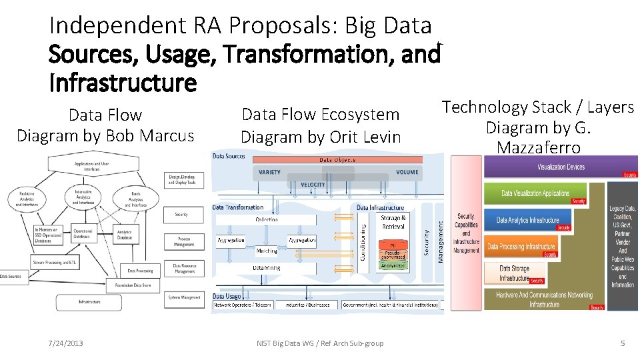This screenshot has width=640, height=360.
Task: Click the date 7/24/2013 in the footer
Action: click(x=66, y=343)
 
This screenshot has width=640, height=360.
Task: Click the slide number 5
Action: click(x=623, y=343)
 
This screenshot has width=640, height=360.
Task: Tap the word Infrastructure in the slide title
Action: click(x=123, y=83)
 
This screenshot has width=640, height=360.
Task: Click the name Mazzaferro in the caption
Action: click(x=538, y=147)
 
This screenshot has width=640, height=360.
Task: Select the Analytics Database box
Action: click(x=125, y=235)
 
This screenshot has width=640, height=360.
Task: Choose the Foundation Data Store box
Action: click(x=132, y=285)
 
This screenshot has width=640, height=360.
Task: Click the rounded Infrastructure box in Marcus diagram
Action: click(x=89, y=302)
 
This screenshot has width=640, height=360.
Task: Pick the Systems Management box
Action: click(x=184, y=297)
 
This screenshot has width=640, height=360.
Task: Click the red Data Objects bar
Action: click(x=338, y=160)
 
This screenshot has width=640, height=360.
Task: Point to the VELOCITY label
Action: click(x=313, y=185)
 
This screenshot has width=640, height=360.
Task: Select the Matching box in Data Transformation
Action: click(x=267, y=251)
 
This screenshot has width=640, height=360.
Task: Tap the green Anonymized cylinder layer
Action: click(x=393, y=265)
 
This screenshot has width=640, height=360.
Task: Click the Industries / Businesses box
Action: click(x=307, y=305)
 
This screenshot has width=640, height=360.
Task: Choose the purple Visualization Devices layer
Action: click(x=561, y=167)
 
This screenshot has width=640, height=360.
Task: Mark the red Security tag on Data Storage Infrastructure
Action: click(x=537, y=281)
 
